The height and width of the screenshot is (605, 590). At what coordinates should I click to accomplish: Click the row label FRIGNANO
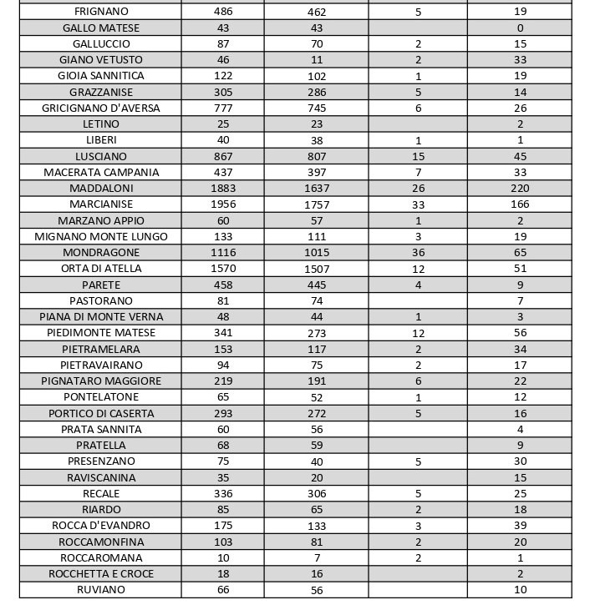point(101,12)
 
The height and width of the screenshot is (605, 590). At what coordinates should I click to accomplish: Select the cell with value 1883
point(223,189)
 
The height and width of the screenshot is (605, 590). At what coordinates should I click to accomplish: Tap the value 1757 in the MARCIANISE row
point(317,204)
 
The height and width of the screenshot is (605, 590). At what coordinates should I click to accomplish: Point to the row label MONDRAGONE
point(101,252)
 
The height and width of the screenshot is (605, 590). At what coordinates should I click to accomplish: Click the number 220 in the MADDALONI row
point(520,189)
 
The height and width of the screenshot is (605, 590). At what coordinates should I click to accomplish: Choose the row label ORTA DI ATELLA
point(101,269)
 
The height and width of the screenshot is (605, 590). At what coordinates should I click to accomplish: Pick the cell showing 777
point(223,108)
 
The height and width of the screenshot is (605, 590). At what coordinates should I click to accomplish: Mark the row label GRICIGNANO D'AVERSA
point(101,108)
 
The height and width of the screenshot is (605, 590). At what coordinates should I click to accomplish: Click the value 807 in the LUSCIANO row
point(317,157)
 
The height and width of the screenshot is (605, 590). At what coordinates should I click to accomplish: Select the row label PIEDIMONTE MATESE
point(101,333)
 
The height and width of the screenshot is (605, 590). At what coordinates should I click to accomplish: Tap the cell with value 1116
point(223,252)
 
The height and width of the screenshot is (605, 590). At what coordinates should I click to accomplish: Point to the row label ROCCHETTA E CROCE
point(101,574)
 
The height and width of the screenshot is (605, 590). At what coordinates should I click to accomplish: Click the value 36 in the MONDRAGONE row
point(419,252)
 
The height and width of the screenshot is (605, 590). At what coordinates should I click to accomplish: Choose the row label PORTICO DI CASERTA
point(101,413)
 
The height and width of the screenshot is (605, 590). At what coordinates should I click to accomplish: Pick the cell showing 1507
point(317,269)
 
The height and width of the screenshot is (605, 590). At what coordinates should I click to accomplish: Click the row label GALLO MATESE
point(101,28)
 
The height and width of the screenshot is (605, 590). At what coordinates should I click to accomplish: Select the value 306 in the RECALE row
point(317,493)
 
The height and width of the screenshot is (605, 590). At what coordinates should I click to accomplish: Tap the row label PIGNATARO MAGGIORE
point(101,381)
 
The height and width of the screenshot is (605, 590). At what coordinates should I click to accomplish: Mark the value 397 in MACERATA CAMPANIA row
point(317,173)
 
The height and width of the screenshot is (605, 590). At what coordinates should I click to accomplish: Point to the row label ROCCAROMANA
point(101,557)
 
